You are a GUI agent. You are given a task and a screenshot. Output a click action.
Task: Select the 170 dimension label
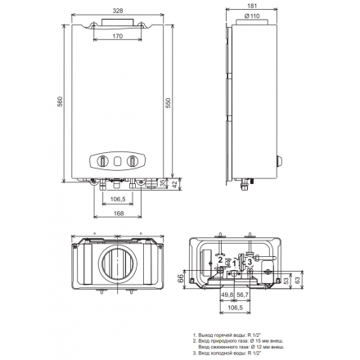click(118, 37)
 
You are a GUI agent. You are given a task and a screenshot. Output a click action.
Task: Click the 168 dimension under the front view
click(118, 215)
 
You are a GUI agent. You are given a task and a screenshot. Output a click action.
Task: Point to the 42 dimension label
click(177, 185)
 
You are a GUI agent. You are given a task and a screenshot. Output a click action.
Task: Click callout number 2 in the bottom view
click(220, 259)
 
